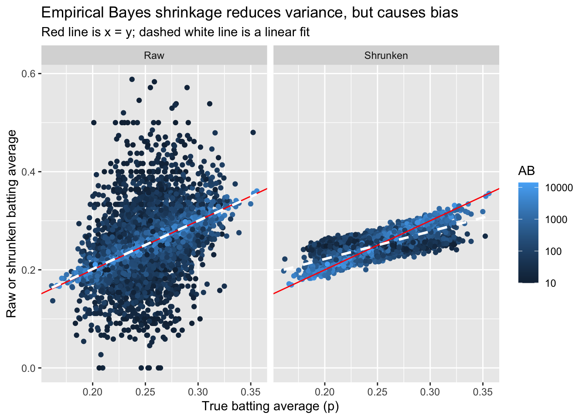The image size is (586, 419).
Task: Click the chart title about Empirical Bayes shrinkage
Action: tap(249, 13)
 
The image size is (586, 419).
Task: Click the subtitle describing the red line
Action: tap(175, 32)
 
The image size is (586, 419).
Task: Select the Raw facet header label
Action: tap(154, 55)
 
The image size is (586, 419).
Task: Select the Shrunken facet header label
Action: tap(386, 55)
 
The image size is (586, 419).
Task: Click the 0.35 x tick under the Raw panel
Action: tap(251, 392)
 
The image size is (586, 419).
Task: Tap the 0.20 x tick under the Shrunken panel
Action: tap(325, 392)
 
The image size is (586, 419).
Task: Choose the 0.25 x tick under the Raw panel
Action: tap(145, 392)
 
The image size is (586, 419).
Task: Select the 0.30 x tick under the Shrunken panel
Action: tap(430, 392)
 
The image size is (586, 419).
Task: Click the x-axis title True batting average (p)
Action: tap(270, 406)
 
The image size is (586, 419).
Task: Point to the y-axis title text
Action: tap(12, 223)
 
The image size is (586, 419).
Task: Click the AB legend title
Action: tap(526, 171)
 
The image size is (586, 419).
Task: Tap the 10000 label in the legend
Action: tap(559, 188)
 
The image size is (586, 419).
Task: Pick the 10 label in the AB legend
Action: tap(551, 283)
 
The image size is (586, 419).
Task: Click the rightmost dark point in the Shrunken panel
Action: tap(485, 236)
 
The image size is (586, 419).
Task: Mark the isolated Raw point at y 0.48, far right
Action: tap(253, 132)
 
